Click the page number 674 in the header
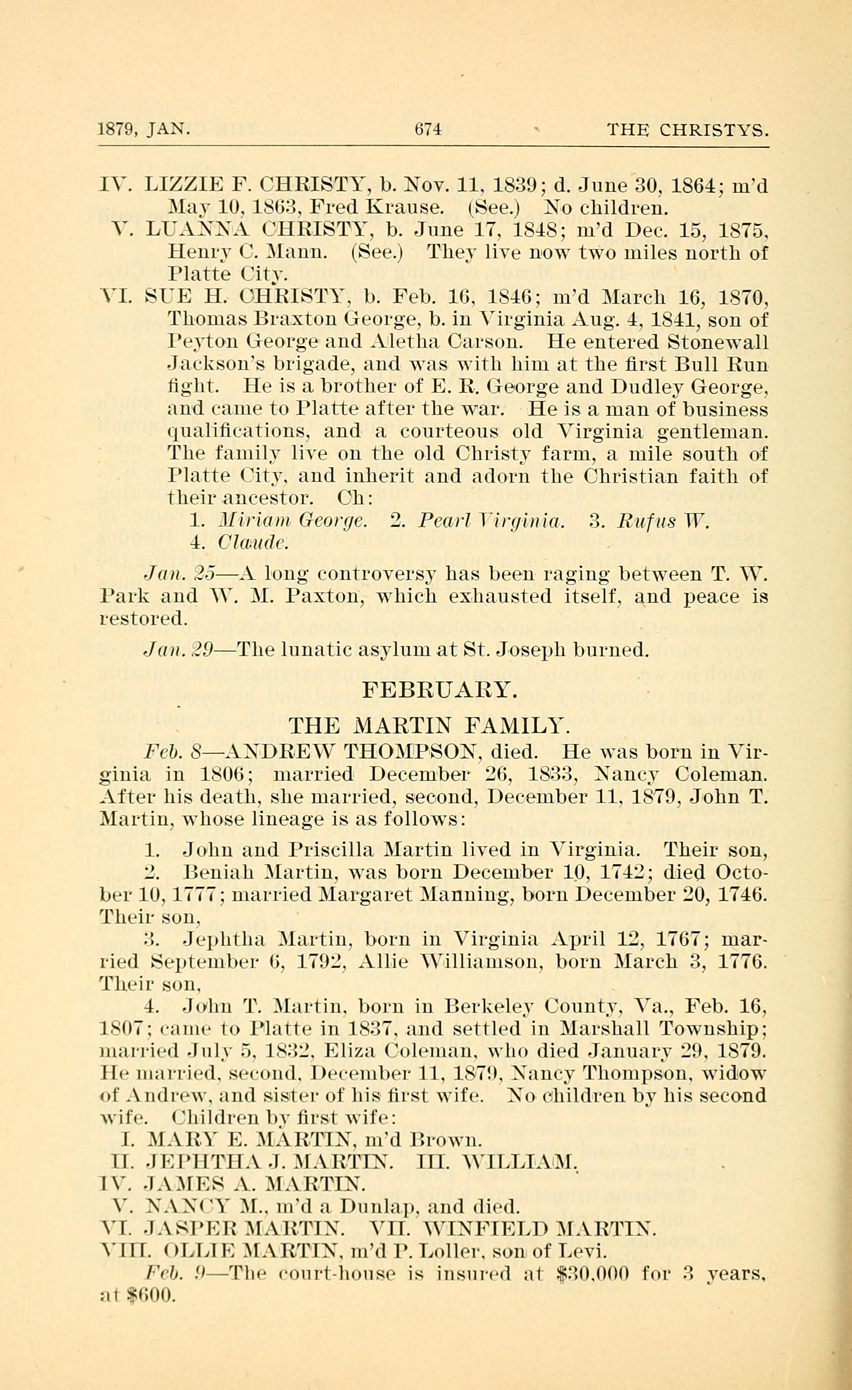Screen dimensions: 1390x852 (x=427, y=130)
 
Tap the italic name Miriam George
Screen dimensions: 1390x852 (x=293, y=520)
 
